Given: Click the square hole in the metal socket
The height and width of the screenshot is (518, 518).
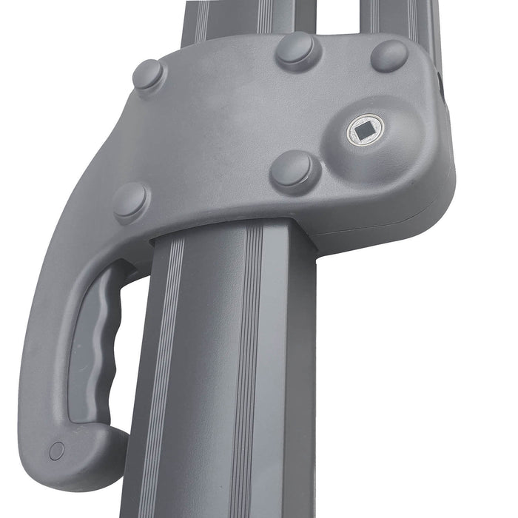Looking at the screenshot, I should point(365,132).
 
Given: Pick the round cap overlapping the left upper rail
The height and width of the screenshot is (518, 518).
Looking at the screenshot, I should point(297,50).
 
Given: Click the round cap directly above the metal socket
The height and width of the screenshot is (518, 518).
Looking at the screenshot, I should point(388,55).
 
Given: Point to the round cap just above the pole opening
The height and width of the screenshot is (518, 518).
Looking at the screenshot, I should point(295,172).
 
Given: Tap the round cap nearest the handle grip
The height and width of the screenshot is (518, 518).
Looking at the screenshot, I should point(130,201).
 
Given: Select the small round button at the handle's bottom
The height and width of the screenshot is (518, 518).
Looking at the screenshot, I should point(56,450).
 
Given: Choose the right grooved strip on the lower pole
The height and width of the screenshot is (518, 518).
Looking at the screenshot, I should point(248,370).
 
